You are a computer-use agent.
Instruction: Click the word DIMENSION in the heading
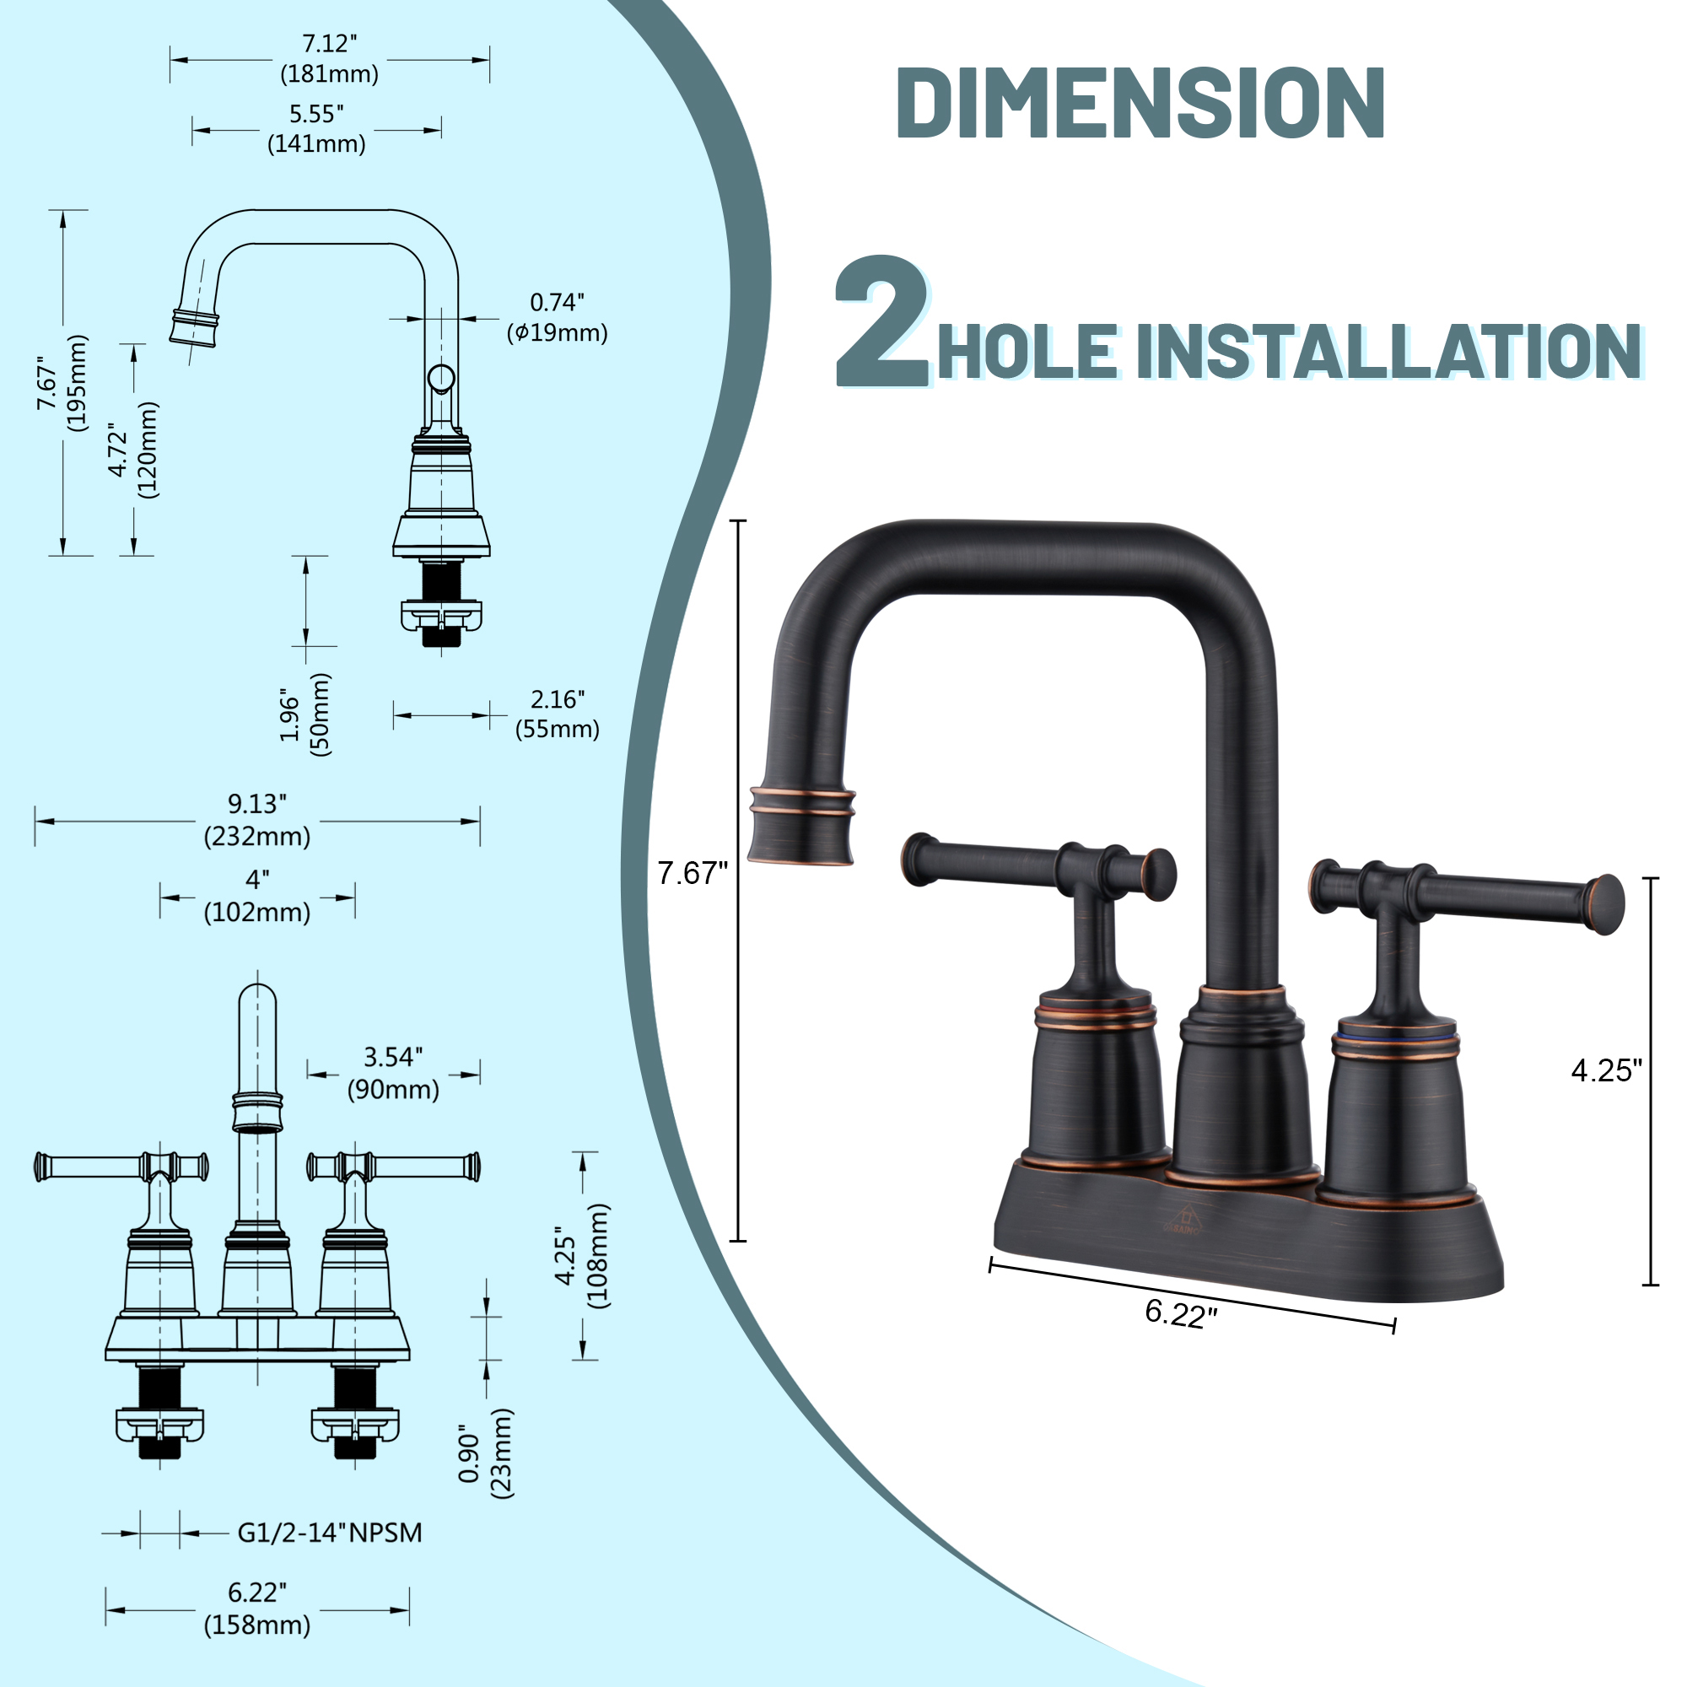(x=1140, y=103)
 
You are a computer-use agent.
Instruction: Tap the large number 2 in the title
(x=883, y=322)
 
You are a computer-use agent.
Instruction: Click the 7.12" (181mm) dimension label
(x=329, y=58)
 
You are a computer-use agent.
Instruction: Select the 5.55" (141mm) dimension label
(x=316, y=129)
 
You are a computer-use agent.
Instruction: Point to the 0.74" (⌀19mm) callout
(x=557, y=317)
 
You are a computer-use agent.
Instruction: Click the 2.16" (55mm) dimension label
(x=557, y=714)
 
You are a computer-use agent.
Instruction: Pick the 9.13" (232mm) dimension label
(x=257, y=820)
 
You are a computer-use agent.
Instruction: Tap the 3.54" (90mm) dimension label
(x=393, y=1073)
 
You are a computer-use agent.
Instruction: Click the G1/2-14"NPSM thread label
(x=329, y=1533)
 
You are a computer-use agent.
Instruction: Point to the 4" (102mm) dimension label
(x=257, y=896)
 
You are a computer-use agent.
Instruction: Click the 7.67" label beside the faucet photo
(x=692, y=873)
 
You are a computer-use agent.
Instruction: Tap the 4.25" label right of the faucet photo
(x=1607, y=1070)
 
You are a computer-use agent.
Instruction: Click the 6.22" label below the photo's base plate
(x=1181, y=1313)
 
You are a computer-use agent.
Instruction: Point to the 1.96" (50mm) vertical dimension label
(x=305, y=714)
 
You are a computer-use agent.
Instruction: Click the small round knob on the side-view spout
(x=441, y=378)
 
